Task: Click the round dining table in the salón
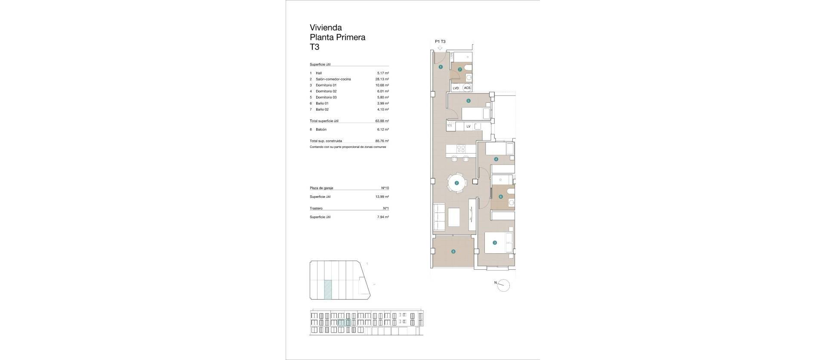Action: tap(456, 183)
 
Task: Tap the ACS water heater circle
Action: tap(467, 88)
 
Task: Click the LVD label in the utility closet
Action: tap(456, 88)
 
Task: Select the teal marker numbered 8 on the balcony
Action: tap(453, 252)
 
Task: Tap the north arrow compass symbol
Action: tap(503, 285)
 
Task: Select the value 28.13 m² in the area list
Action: tap(382, 79)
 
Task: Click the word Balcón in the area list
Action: tap(321, 129)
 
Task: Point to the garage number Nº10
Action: tap(385, 188)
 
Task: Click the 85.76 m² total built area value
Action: tap(382, 141)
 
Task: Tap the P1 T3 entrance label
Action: tap(440, 41)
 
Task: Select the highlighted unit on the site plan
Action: tap(328, 289)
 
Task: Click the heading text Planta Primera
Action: tap(338, 37)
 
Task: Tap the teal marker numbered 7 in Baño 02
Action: tap(460, 69)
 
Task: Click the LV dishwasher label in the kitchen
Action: tap(468, 126)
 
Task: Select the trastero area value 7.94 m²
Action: tap(383, 217)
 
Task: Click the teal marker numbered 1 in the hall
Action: tap(441, 67)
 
